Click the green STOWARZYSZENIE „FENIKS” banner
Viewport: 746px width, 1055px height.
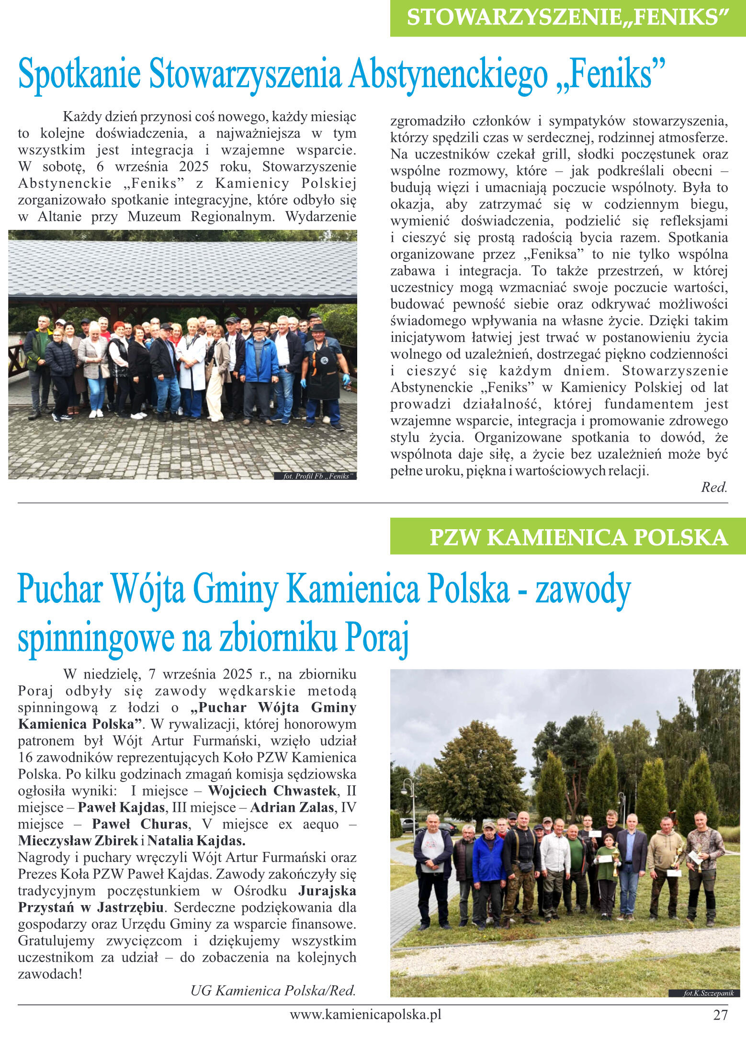click(x=567, y=18)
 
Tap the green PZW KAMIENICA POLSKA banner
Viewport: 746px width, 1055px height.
click(x=567, y=537)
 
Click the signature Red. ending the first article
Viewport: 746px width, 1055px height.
click(x=714, y=488)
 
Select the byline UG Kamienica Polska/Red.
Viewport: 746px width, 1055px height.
click(x=273, y=990)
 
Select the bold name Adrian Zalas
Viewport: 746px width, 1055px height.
click(x=292, y=807)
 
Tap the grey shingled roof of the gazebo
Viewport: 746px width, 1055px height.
click(x=182, y=268)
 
